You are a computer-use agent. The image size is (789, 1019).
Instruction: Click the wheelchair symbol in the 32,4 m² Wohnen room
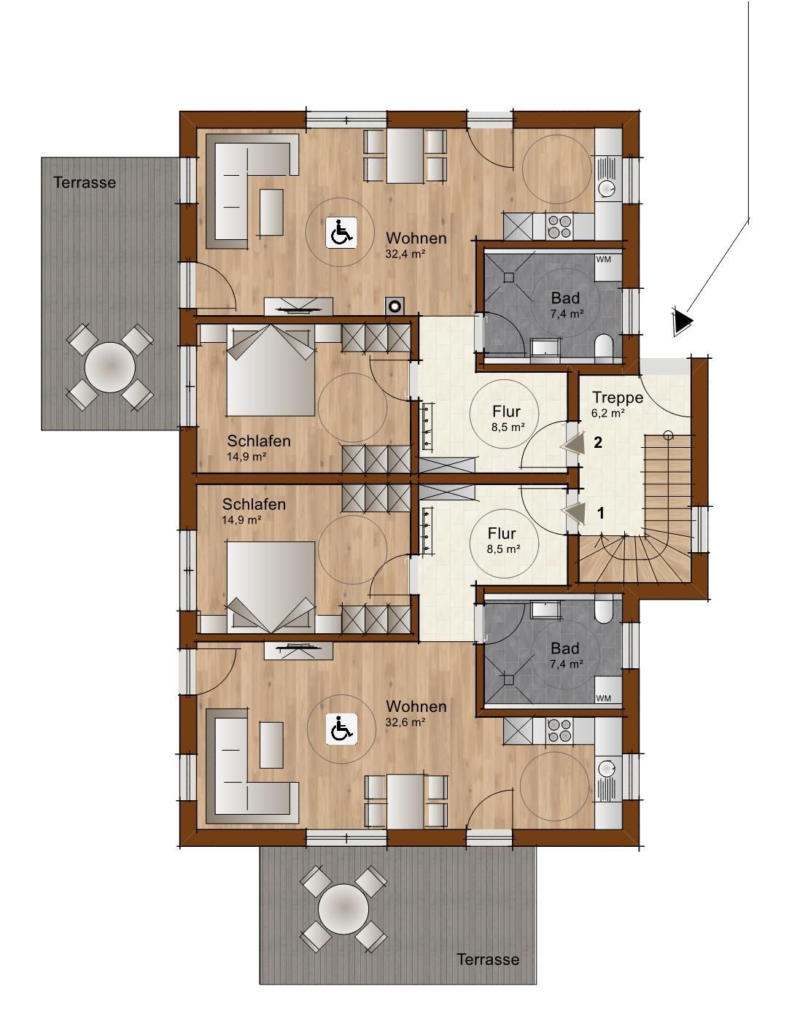pos(341,233)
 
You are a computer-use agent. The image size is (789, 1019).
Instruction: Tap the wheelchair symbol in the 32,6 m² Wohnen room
pos(341,729)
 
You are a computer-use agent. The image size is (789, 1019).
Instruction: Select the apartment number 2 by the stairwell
pos(598,442)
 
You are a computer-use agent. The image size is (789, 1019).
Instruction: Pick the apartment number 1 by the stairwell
pos(601,513)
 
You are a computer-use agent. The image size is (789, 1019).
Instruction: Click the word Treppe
pos(618,398)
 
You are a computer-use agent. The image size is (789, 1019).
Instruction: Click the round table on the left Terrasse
pos(109,367)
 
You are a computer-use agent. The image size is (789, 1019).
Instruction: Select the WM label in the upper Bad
pos(603,259)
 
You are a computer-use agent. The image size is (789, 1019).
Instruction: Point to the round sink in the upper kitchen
pos(607,188)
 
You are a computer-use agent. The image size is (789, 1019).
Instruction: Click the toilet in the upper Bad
pos(602,347)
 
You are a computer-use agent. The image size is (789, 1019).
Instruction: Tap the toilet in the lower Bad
pos(602,609)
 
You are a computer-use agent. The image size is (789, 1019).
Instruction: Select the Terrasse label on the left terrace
pos(85,182)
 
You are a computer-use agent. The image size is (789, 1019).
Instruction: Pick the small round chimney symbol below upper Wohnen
pos(395,306)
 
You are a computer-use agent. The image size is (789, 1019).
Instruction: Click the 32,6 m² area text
pos(405,722)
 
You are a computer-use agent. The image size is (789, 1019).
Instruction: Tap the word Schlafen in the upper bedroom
pos(259,441)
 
